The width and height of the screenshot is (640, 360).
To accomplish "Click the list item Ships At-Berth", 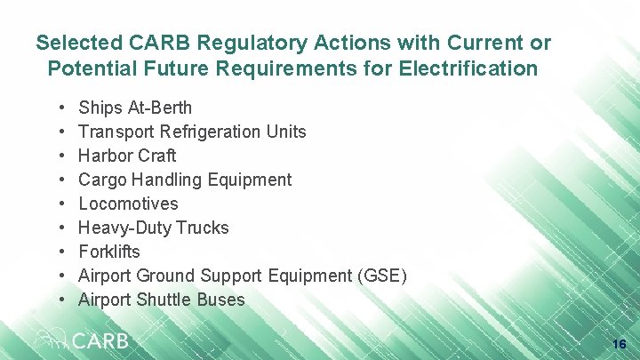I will pos(135,108).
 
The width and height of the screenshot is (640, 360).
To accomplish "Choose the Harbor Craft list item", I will pos(127,156).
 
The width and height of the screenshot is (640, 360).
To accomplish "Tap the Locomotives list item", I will pos(128,204).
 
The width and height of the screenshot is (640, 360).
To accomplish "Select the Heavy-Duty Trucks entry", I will pos(154,228).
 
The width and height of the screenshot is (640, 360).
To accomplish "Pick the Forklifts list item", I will pos(109,252).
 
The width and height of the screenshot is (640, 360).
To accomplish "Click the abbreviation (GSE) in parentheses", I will pos(381,276).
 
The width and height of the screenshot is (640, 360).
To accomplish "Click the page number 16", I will pos(620,344).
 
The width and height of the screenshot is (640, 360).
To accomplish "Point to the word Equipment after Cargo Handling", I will pos(249,180).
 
